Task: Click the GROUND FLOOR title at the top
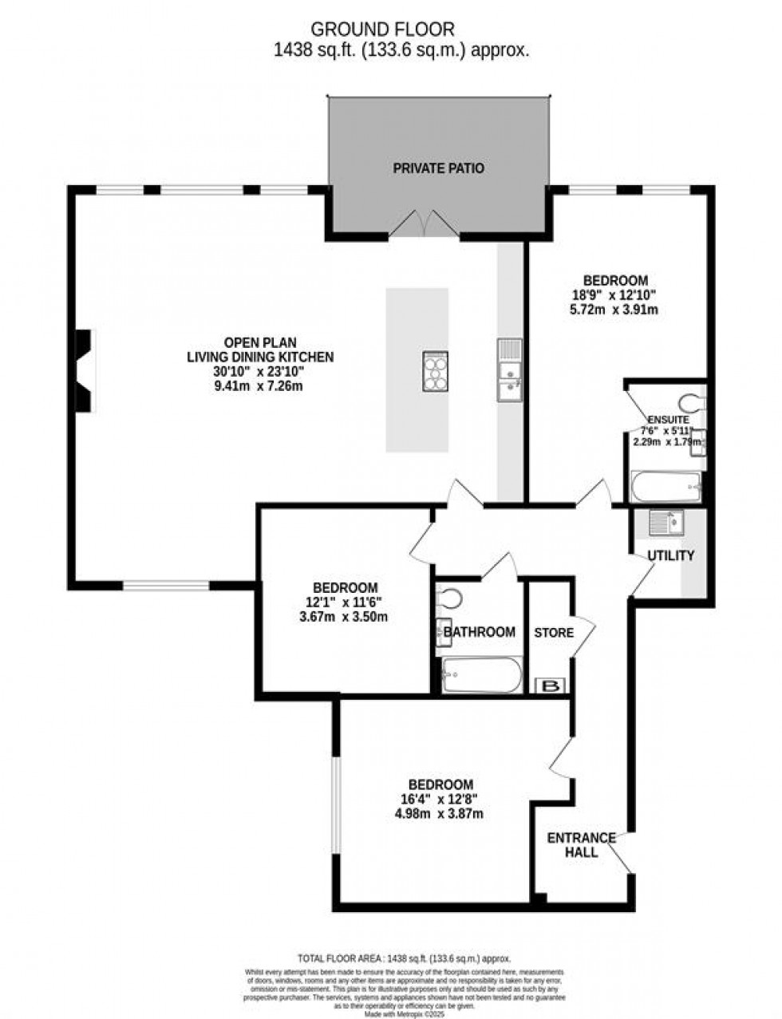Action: point(382,30)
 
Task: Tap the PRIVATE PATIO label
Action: point(438,168)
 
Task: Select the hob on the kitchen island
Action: point(435,372)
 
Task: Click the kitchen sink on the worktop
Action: point(508,369)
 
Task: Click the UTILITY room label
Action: point(670,555)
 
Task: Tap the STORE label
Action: point(554,633)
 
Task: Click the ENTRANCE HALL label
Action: point(581,845)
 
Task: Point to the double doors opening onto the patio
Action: point(425,224)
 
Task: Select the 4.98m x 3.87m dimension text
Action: point(440,814)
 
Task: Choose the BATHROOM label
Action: point(480,632)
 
